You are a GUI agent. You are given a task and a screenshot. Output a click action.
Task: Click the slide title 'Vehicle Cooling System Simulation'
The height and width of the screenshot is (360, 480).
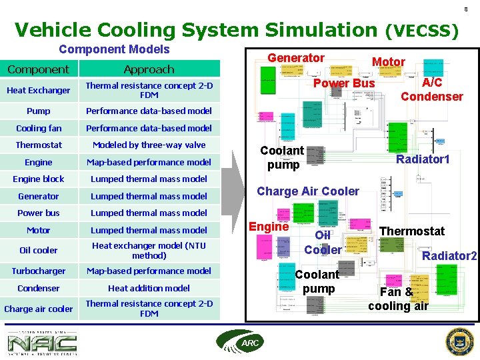pyautogui.click(x=195, y=30)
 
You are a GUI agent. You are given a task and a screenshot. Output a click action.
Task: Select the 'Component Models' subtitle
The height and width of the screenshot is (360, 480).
pyautogui.click(x=114, y=49)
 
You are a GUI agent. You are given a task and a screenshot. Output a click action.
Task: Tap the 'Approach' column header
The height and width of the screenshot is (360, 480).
pyautogui.click(x=149, y=69)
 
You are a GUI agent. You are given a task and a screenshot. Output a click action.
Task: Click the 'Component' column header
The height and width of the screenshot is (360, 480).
pyautogui.click(x=38, y=69)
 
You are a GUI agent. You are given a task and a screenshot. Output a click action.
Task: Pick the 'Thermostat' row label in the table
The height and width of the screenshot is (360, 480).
pyautogui.click(x=39, y=145)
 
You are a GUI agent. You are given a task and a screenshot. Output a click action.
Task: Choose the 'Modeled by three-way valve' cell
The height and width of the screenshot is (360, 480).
pyautogui.click(x=149, y=145)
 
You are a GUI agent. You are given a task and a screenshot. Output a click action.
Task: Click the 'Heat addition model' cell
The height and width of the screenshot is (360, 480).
pyautogui.click(x=149, y=288)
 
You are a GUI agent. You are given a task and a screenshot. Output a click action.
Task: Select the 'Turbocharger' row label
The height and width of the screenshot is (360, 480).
pyautogui.click(x=39, y=271)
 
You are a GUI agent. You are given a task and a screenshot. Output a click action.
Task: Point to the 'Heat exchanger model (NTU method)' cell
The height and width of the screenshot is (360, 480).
pyautogui.click(x=149, y=250)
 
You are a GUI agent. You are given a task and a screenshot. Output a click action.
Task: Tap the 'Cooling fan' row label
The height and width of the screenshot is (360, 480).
pyautogui.click(x=39, y=128)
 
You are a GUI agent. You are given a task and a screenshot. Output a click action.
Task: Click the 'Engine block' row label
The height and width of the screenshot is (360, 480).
pyautogui.click(x=39, y=179)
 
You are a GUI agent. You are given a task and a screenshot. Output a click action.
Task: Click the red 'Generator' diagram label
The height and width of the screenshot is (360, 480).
pyautogui.click(x=296, y=58)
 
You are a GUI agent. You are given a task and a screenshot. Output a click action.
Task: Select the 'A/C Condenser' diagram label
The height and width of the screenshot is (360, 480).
pyautogui.click(x=432, y=89)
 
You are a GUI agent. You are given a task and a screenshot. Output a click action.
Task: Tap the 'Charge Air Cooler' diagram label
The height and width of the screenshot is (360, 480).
pyautogui.click(x=308, y=191)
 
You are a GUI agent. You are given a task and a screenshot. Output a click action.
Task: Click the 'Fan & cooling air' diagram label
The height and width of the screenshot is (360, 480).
pyautogui.click(x=398, y=299)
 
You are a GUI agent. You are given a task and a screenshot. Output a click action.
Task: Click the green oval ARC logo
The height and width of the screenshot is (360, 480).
pyautogui.click(x=235, y=342)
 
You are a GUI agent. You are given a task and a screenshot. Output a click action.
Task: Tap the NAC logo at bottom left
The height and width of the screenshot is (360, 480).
pyautogui.click(x=42, y=343)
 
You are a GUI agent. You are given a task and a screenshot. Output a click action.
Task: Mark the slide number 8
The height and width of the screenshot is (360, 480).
pyautogui.click(x=466, y=9)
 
